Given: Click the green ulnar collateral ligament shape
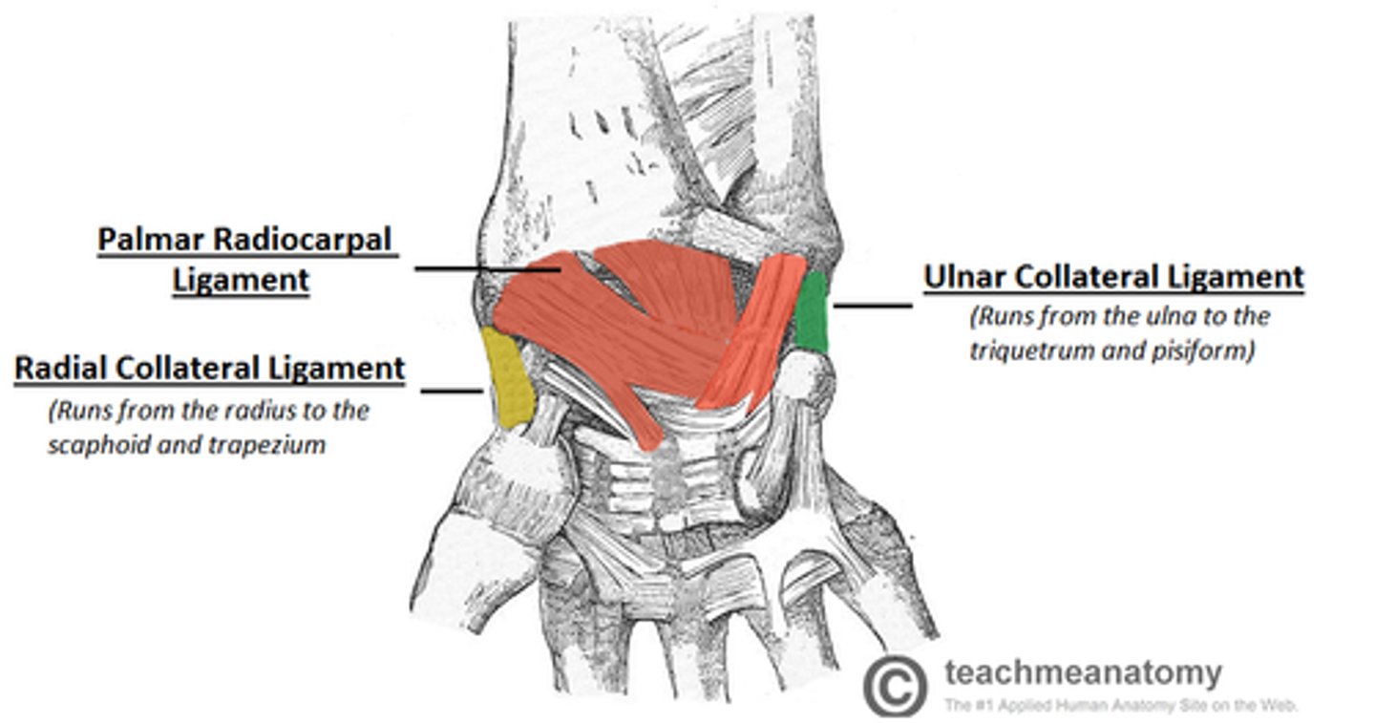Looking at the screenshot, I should (813, 311).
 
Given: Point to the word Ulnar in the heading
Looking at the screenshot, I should (962, 277).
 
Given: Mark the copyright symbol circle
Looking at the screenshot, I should (895, 685).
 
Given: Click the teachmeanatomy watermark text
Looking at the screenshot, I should (1082, 673).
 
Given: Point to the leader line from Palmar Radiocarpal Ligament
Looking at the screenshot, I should (487, 268).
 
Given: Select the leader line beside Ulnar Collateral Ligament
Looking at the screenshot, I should (872, 306).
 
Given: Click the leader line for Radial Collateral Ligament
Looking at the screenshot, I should (451, 390).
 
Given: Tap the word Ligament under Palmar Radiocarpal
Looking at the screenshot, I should (241, 281).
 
